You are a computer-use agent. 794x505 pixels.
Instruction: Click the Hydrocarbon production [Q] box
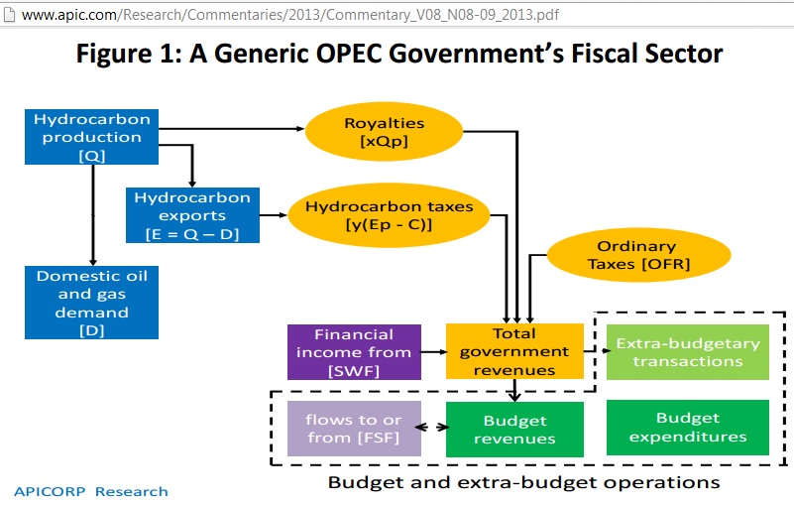point(91,137)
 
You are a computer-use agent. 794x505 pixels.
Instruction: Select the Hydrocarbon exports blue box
point(192,215)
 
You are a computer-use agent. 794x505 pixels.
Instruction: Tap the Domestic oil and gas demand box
point(91,303)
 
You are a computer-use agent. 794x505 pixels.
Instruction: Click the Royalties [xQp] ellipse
point(384,131)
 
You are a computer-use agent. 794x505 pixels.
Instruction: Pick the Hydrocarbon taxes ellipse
point(389,215)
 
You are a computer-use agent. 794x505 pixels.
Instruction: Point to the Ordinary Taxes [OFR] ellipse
point(638,255)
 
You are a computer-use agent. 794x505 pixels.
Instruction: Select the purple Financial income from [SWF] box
point(354,352)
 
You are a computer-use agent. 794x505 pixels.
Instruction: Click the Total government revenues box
point(514,351)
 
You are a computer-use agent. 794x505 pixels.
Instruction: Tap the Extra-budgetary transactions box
point(688,352)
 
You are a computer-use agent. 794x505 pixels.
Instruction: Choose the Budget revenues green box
point(514,430)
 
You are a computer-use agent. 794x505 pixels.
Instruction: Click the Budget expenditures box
point(688,427)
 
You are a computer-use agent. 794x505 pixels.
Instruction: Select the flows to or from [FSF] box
point(354,429)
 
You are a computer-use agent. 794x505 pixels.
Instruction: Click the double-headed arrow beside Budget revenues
point(432,428)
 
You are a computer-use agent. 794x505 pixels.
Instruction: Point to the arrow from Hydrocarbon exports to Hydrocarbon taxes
point(274,215)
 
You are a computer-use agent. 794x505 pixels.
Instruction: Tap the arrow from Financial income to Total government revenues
point(434,352)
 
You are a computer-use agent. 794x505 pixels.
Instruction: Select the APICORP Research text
point(90,491)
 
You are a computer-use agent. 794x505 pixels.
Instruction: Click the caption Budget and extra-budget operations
point(523,482)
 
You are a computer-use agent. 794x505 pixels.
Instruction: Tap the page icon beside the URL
point(9,14)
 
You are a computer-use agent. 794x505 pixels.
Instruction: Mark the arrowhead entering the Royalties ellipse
point(299,129)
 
